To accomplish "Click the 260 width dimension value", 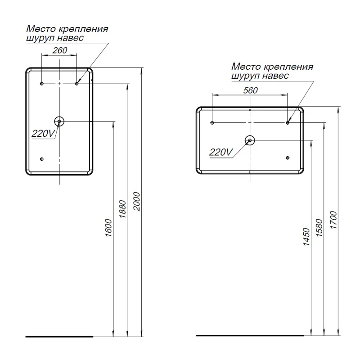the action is pos(60,50).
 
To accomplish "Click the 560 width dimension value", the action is pos(251,90).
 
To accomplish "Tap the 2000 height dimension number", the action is pos(137,201).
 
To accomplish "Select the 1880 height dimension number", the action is pos(123,209).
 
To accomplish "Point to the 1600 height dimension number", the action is pos(108,228).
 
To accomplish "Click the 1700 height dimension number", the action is pos(333,220).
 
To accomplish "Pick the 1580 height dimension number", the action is pos(319,228).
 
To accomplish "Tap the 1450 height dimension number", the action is pos(306,237).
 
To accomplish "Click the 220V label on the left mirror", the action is pos(43,133).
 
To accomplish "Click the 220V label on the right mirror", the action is pos(221,152).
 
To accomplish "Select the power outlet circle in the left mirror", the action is pos(59,121).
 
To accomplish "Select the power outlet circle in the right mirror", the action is pos(250,140).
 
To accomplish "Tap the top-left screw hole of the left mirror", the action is pos(41,84).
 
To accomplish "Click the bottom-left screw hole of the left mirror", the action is pos(41,159).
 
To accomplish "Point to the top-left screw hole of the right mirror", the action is pos(212,123).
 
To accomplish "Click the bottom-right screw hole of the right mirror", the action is pos(288,158).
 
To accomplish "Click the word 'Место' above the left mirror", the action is pos(41,29).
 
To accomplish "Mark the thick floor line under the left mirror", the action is pos(59,337).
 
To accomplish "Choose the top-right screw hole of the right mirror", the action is pos(288,123).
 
